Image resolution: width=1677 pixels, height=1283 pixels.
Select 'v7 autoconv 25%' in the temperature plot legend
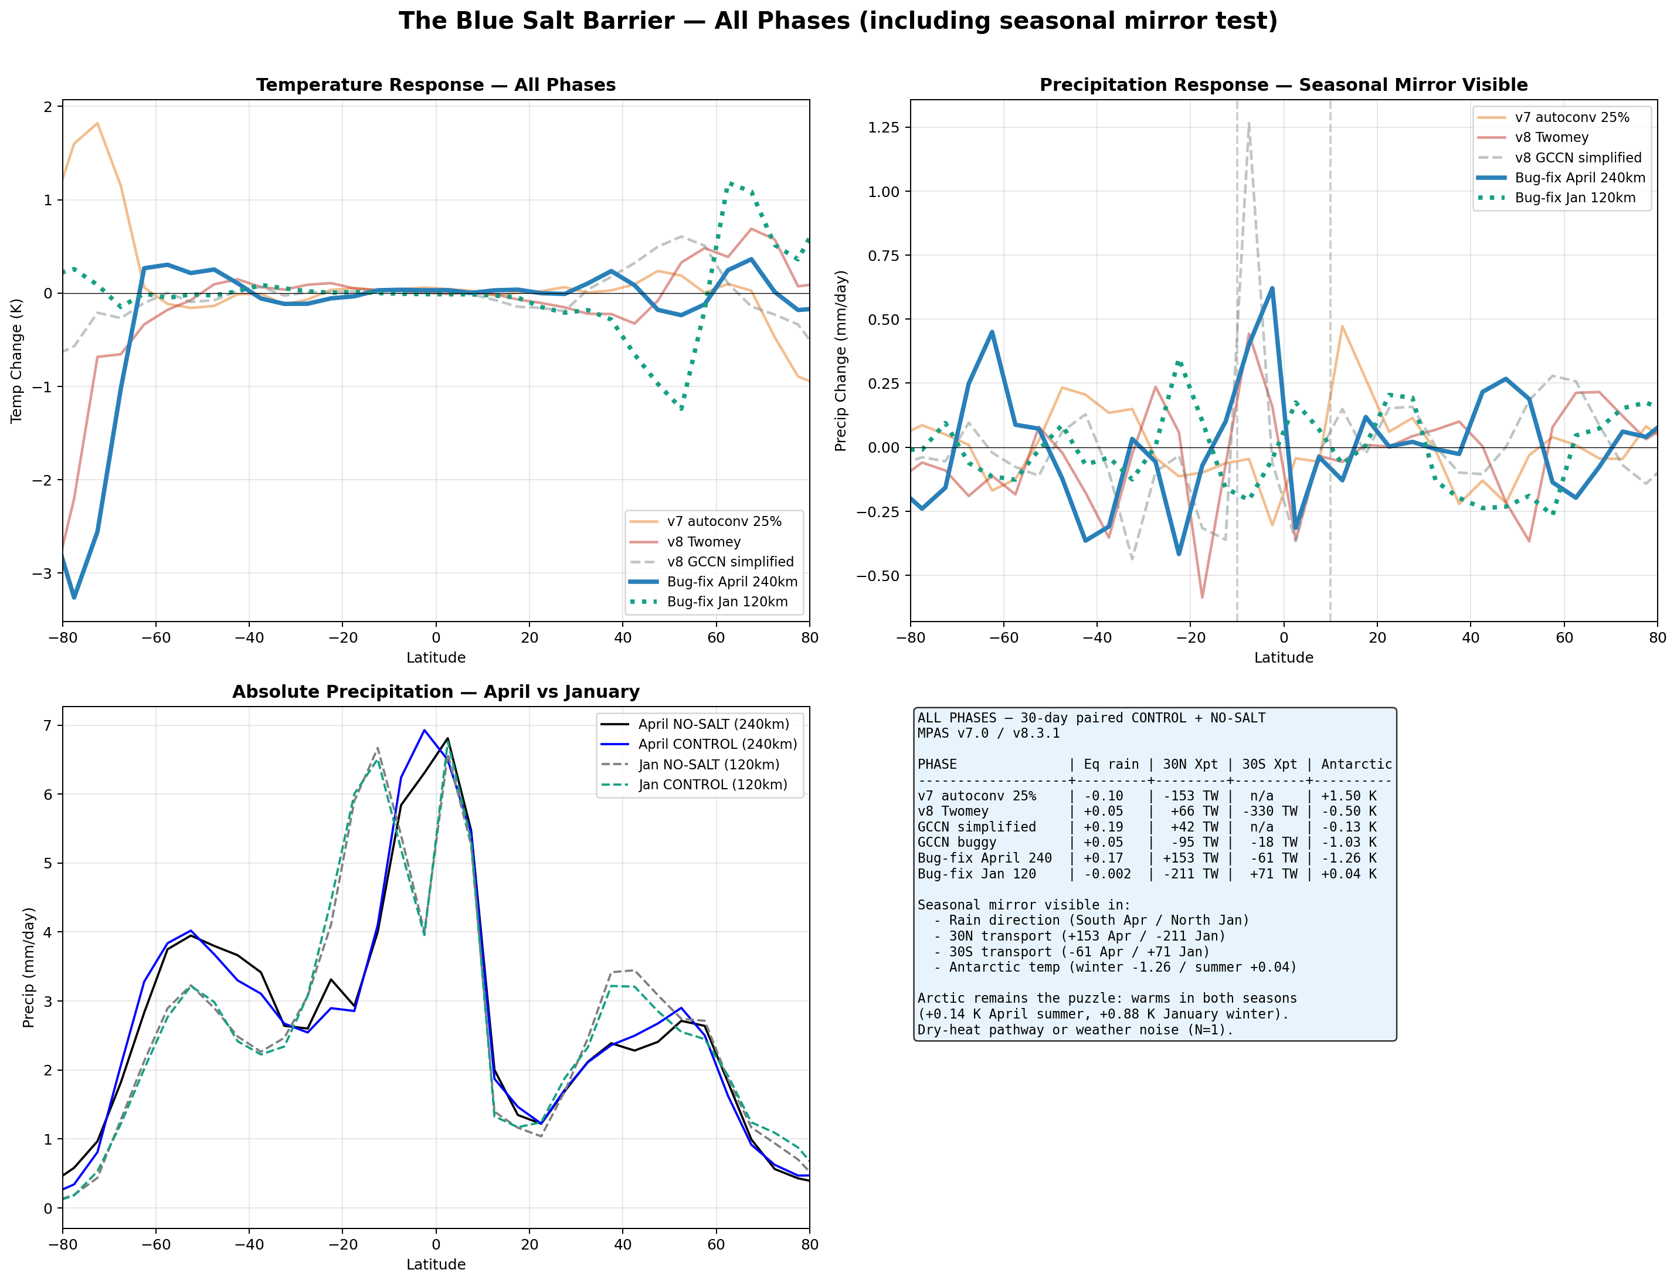pos(724,522)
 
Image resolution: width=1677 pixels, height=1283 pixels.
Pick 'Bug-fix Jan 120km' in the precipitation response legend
pos(1574,198)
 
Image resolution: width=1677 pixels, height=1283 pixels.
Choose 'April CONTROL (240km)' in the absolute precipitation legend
pos(717,745)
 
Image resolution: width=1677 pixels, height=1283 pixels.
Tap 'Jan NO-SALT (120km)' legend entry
pos(709,765)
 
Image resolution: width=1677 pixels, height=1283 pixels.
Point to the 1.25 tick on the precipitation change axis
pos(884,127)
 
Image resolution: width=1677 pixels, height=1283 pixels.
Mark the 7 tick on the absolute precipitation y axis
pos(48,725)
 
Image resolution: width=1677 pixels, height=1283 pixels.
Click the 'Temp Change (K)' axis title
pos(17,361)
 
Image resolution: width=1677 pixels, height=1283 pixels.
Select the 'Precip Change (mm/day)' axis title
pos(841,361)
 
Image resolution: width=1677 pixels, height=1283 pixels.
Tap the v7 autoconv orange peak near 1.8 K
pos(97,124)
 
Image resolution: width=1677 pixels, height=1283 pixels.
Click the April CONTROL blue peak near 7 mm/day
pos(424,730)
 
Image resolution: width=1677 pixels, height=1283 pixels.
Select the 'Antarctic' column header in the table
pos(1356,765)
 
